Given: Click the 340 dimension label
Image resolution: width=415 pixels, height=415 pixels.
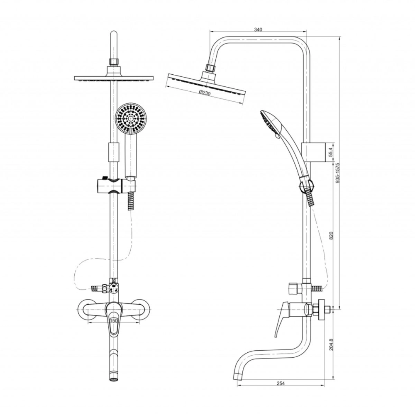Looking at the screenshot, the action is click(x=258, y=29).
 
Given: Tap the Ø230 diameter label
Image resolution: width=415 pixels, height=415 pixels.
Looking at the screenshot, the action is click(x=204, y=93).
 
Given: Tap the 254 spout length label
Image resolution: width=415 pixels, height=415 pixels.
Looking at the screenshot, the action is click(x=281, y=383).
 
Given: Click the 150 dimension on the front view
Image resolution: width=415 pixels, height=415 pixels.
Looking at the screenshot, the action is click(x=113, y=321).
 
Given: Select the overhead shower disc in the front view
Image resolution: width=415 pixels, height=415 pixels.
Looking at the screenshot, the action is click(x=114, y=78).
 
